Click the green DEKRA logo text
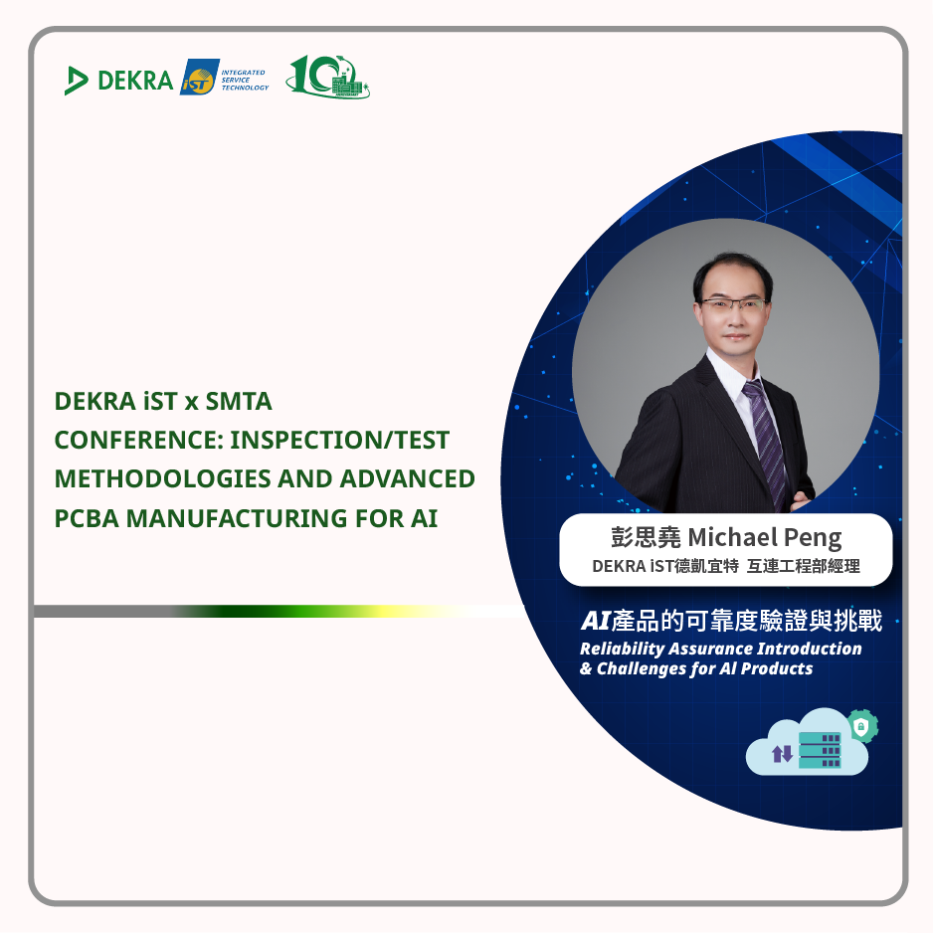click(x=135, y=81)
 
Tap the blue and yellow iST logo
click(x=200, y=77)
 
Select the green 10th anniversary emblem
click(x=327, y=77)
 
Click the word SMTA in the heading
click(x=239, y=402)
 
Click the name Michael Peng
click(x=765, y=537)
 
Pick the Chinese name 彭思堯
click(x=646, y=537)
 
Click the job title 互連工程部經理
click(x=804, y=566)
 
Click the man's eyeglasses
click(x=733, y=304)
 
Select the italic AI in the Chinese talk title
click(x=596, y=622)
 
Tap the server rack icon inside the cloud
click(x=820, y=750)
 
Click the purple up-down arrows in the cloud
click(x=782, y=754)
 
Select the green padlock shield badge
click(x=861, y=726)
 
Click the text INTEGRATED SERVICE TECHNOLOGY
click(x=245, y=80)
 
